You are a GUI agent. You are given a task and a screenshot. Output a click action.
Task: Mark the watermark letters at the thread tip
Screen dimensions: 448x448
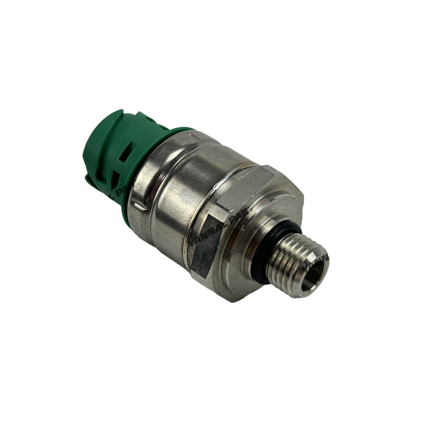click(325, 257)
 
